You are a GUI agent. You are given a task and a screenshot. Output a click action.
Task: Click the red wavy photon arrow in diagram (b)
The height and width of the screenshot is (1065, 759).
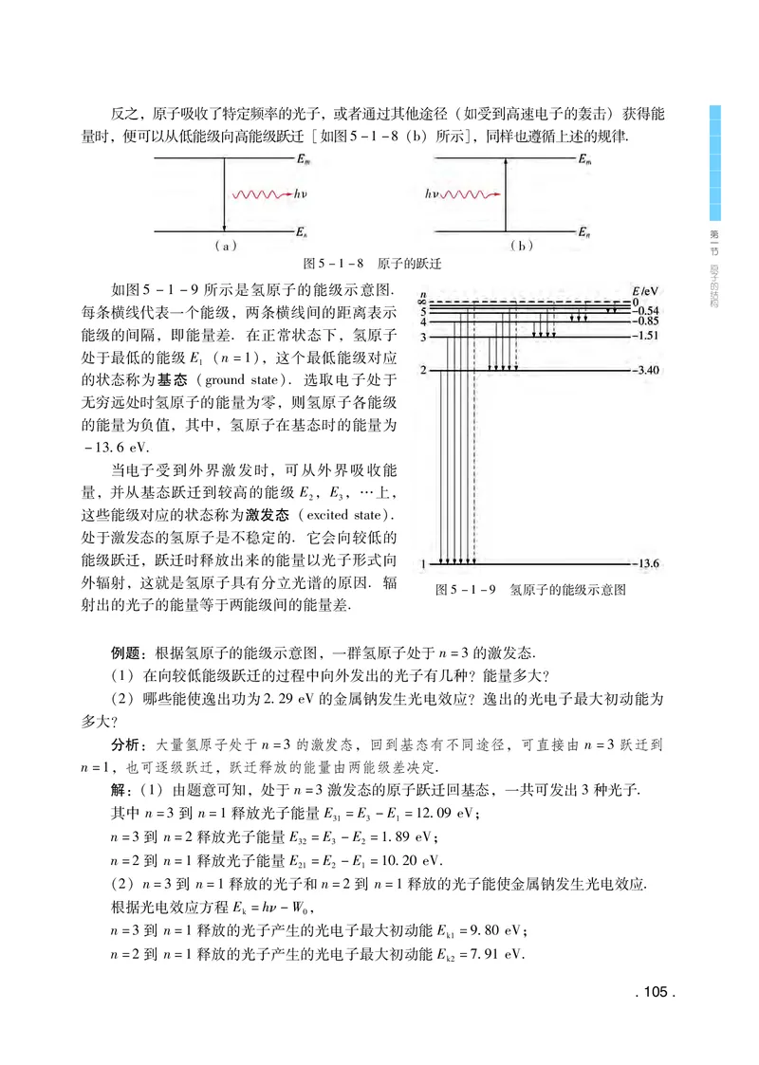coord(472,194)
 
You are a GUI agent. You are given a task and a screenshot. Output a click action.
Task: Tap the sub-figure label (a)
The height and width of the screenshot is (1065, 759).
coord(224,246)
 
